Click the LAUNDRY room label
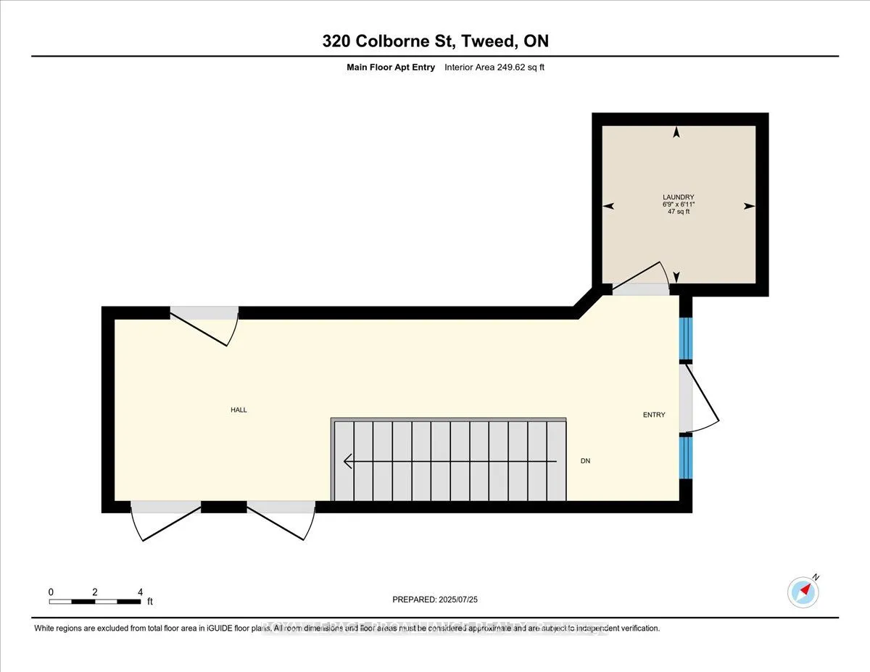coord(678,197)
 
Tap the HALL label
coord(239,410)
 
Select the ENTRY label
coord(654,415)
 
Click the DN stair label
coord(585,461)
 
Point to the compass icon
coord(803,591)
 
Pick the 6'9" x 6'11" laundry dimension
coord(678,205)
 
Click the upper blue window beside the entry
coord(686,339)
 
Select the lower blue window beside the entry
coord(686,457)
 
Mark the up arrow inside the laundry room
coord(676,133)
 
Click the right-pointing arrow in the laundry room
coord(749,206)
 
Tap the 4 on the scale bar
coord(140,592)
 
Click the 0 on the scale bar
coord(51,592)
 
